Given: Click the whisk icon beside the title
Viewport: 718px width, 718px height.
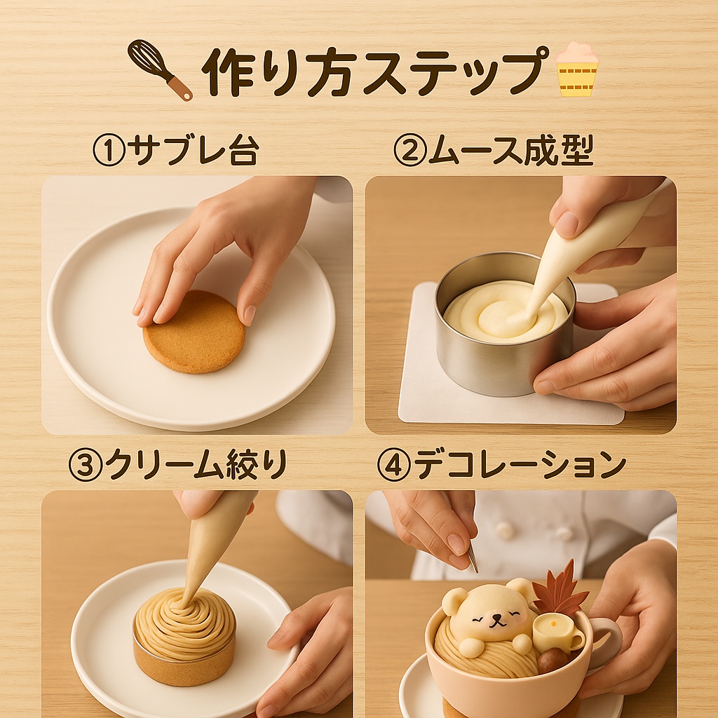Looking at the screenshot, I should [158, 69].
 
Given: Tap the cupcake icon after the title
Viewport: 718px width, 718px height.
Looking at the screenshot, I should [576, 69].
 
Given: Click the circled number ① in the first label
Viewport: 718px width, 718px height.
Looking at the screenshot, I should [108, 151].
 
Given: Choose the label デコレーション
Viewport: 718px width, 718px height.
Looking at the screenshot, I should [520, 466].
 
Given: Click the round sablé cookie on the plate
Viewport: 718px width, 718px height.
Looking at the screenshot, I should [194, 332].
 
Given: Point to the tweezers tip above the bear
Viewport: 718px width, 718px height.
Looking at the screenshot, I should [473, 561].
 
